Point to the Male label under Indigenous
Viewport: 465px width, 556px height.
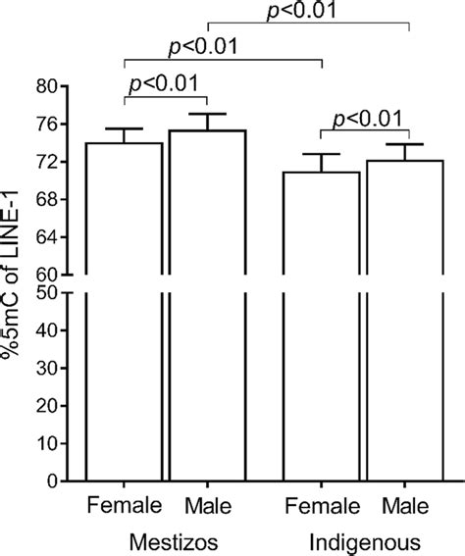point(406,506)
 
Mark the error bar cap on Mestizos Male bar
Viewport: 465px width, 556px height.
point(207,114)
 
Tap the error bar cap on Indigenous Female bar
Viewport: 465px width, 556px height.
point(323,154)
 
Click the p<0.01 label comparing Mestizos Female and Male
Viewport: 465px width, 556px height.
point(166,82)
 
